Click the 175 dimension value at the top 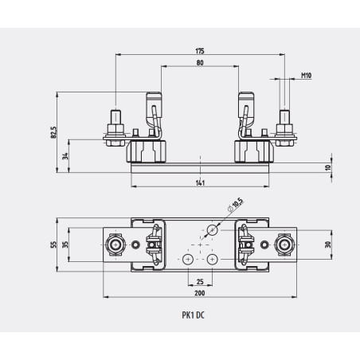click(x=198, y=50)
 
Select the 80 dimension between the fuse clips click(x=198, y=64)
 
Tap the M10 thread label click(x=305, y=76)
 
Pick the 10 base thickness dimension click(x=327, y=168)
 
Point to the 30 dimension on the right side click(x=328, y=245)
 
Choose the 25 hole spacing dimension click(x=198, y=280)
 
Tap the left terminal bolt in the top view click(x=116, y=245)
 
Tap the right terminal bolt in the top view click(x=282, y=245)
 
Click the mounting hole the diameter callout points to click(x=212, y=230)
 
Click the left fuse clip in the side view click(x=152, y=112)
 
